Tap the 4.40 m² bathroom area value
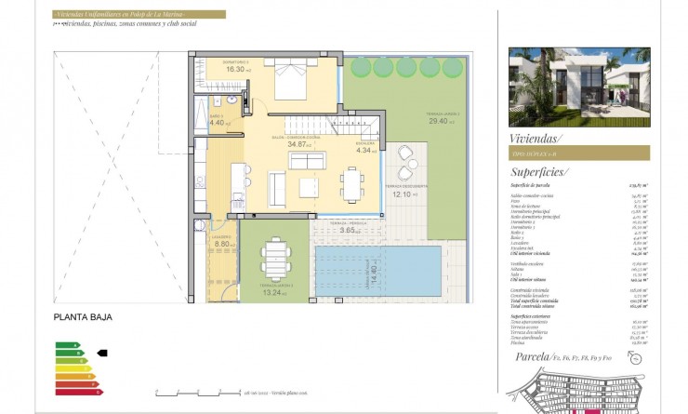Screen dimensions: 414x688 [x=218, y=122]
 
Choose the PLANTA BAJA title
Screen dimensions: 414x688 [x=83, y=317]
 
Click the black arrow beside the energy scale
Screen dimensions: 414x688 [x=102, y=353]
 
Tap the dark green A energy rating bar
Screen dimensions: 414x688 [x=68, y=345]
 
